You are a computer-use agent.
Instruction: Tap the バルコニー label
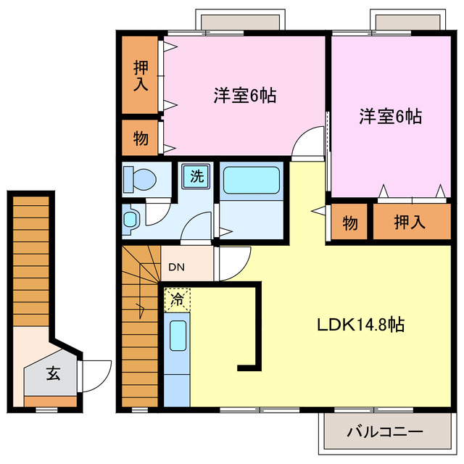click(384, 432)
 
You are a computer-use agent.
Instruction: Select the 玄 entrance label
click(53, 374)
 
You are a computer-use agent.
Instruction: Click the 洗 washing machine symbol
click(196, 175)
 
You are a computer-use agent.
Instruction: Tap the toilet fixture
click(139, 178)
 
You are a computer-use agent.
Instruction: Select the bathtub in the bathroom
click(251, 179)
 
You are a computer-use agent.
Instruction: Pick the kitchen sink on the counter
click(177, 337)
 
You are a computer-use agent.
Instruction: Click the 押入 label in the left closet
click(141, 75)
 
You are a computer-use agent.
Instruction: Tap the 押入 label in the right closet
click(410, 223)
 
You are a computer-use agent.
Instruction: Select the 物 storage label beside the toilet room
click(141, 138)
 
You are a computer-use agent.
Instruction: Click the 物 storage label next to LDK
click(349, 223)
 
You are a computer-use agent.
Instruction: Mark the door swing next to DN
click(233, 261)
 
